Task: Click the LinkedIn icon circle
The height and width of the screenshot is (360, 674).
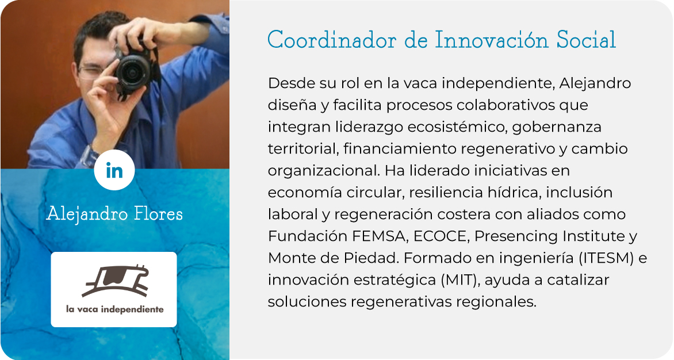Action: pos(114,170)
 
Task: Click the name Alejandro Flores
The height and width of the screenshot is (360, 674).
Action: pos(114,213)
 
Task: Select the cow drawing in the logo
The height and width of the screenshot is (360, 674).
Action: pos(115,281)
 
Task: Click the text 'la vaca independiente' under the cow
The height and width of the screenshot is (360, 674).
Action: pos(115,309)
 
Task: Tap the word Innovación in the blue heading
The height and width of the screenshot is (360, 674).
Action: pos(492,40)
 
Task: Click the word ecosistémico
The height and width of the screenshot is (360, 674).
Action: pos(457,127)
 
